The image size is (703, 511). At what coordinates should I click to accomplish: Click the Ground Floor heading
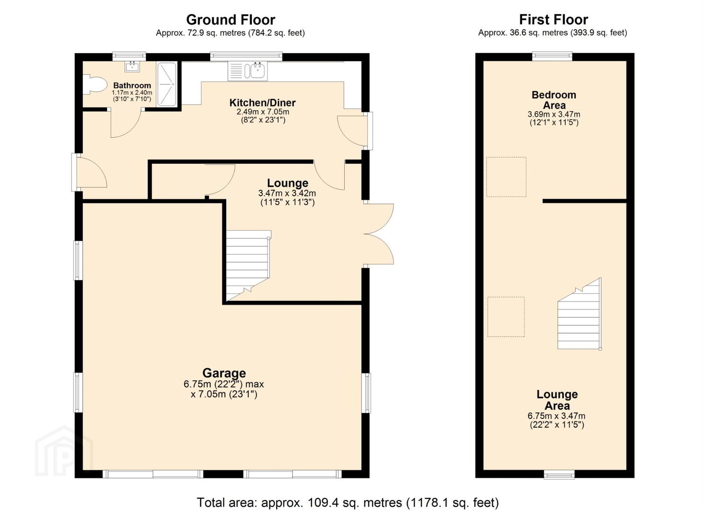[231, 20]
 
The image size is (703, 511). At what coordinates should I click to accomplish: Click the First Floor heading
[553, 20]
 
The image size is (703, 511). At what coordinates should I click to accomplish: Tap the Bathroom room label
[132, 85]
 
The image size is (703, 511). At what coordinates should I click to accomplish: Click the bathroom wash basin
[132, 67]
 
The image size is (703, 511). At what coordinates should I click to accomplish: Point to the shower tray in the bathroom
[167, 84]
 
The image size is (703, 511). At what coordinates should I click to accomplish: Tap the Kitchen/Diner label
[262, 103]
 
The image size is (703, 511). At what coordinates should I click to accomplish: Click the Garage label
[224, 373]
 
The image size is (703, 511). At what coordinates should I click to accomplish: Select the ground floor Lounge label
[287, 183]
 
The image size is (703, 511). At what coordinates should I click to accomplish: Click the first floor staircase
[579, 314]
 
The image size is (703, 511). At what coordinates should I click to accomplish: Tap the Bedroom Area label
[553, 100]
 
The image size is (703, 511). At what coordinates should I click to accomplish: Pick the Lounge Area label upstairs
[557, 400]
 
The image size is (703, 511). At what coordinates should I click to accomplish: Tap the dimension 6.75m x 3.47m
[556, 416]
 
